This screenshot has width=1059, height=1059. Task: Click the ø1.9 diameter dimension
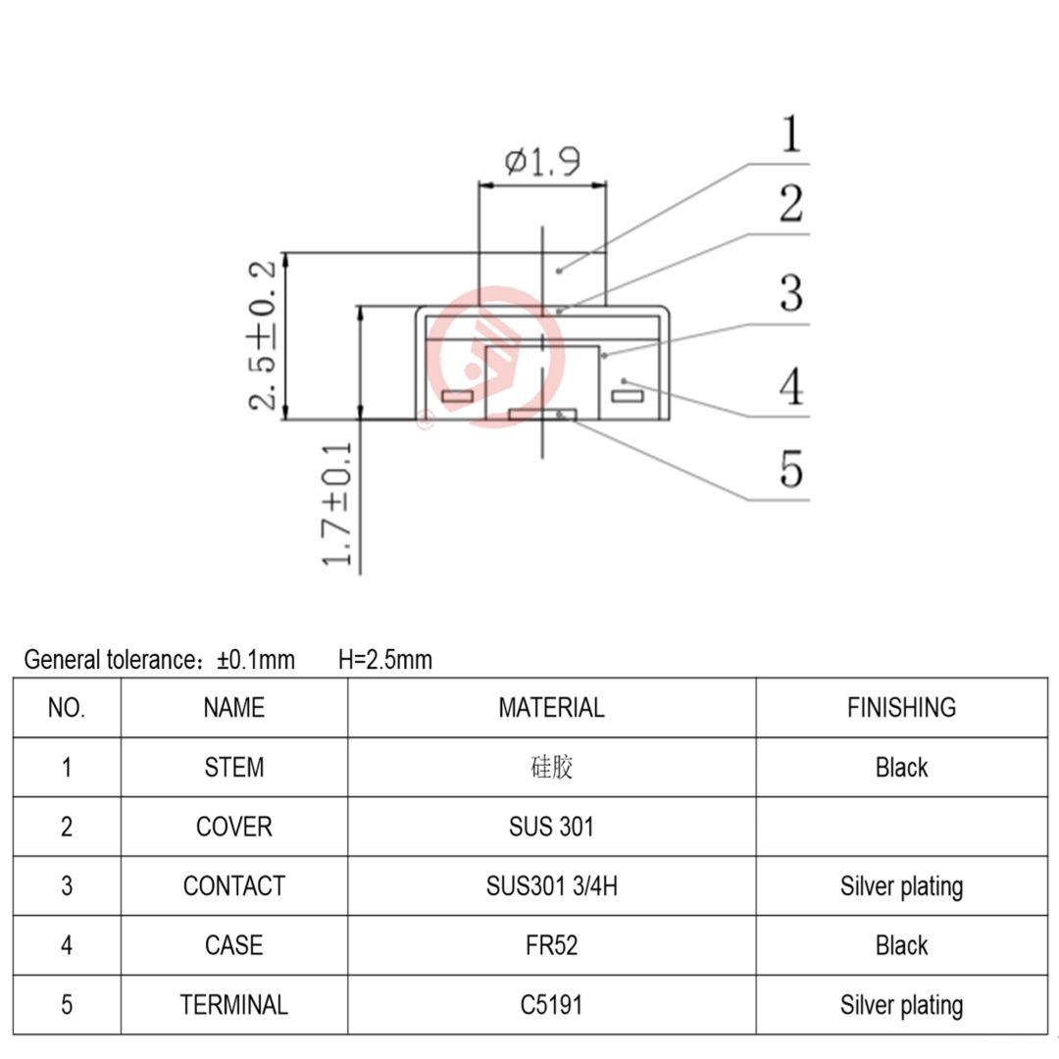click(x=542, y=161)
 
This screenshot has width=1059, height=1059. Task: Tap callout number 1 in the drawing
click(x=790, y=134)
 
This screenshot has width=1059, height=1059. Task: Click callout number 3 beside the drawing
click(x=790, y=293)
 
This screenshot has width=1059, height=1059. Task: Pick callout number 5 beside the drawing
click(x=790, y=468)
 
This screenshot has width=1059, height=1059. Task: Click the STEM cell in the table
click(x=233, y=767)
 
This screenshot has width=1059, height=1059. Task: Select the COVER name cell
click(x=233, y=827)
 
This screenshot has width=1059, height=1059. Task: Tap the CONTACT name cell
click(x=233, y=886)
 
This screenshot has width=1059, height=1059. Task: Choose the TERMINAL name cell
click(x=233, y=1005)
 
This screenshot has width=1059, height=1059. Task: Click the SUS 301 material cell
click(x=551, y=827)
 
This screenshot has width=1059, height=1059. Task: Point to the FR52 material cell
click(x=551, y=945)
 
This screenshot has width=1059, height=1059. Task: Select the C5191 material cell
click(x=551, y=1005)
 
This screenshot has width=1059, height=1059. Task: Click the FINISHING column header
click(x=901, y=707)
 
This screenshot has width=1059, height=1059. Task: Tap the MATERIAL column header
click(x=551, y=707)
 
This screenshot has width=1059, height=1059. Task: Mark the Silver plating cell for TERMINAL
click(x=901, y=1005)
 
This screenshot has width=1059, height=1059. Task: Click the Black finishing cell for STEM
click(x=901, y=767)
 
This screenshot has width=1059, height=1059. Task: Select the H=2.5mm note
click(x=384, y=660)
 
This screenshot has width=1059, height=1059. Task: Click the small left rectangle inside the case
click(x=457, y=397)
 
